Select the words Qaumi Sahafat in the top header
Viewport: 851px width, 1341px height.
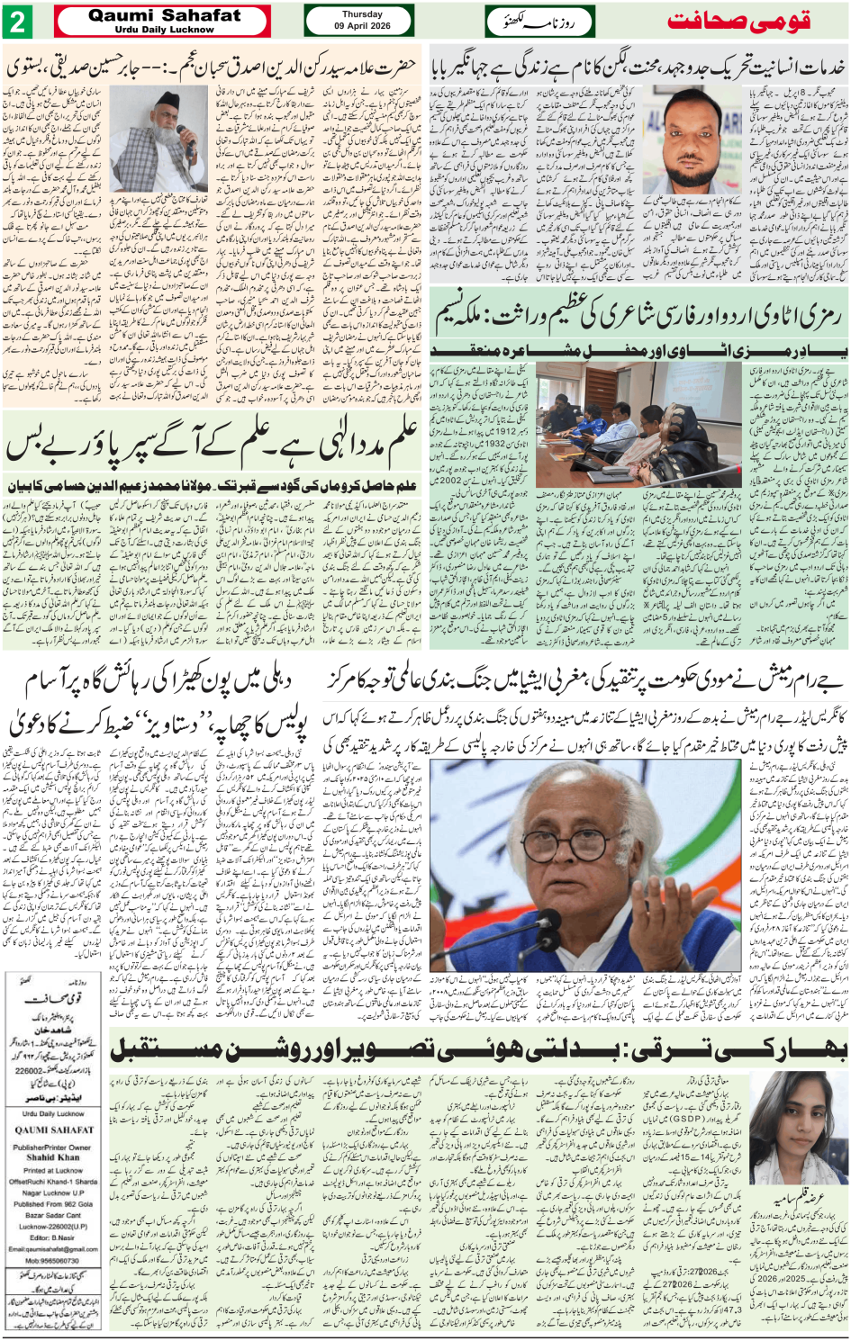(x=164, y=15)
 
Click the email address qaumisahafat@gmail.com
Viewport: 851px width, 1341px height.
(x=53, y=1248)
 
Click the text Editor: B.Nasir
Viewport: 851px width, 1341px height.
(x=53, y=1237)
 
